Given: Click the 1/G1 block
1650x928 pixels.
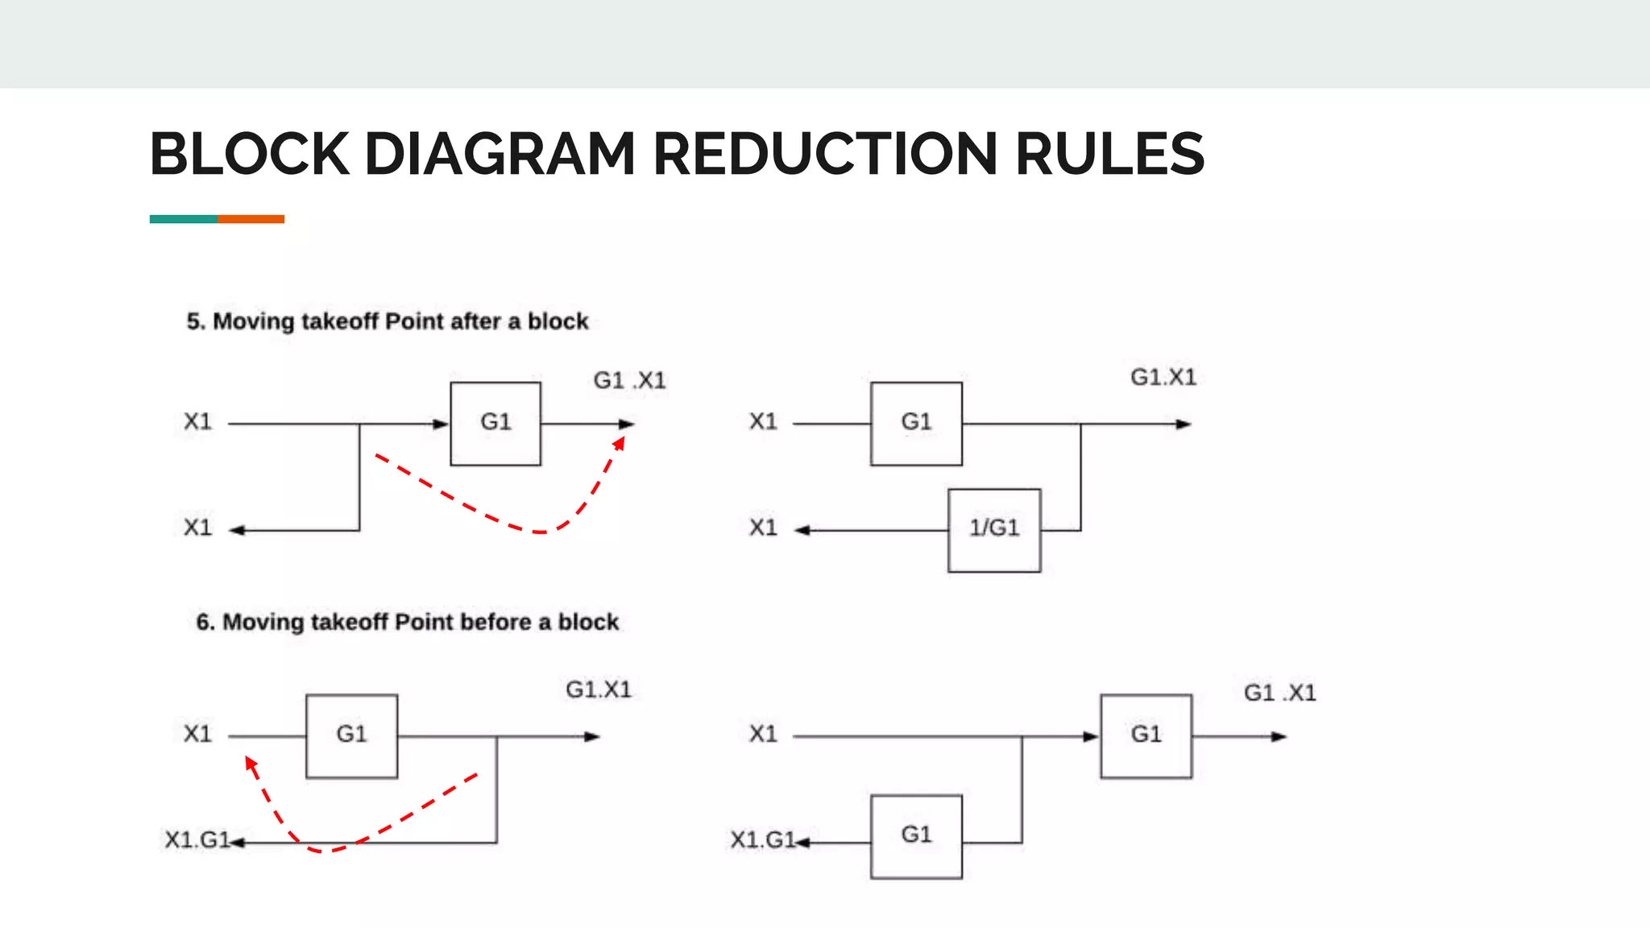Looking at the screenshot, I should pos(994,530).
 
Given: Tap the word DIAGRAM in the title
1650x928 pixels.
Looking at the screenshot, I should pos(500,154).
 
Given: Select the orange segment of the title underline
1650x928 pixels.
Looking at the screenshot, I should pos(251,219).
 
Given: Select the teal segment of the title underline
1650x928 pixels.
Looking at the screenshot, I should pos(184,219).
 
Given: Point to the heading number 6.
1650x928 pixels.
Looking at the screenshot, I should pos(205,622).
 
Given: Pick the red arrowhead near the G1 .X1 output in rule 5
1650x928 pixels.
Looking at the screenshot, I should pos(620,444).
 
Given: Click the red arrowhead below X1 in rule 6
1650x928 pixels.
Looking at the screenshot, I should pos(251,764).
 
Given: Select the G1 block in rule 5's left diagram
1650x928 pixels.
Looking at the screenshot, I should pos(495,423).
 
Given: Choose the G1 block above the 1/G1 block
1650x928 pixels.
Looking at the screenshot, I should pos(916,423).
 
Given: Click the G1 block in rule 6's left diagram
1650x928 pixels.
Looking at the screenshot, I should pos(351,735).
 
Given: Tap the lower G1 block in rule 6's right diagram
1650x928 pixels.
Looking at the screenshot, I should pos(916,836).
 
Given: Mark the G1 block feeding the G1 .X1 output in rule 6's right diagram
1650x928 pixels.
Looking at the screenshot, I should pos(1146,735).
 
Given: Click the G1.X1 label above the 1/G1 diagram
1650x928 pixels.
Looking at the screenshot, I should pos(1163,377).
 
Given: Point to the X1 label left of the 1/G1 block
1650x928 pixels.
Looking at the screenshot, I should pos(763,528).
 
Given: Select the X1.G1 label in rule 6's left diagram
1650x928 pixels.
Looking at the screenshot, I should pos(197,840).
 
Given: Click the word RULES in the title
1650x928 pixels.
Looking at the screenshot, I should pos(1109,154).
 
